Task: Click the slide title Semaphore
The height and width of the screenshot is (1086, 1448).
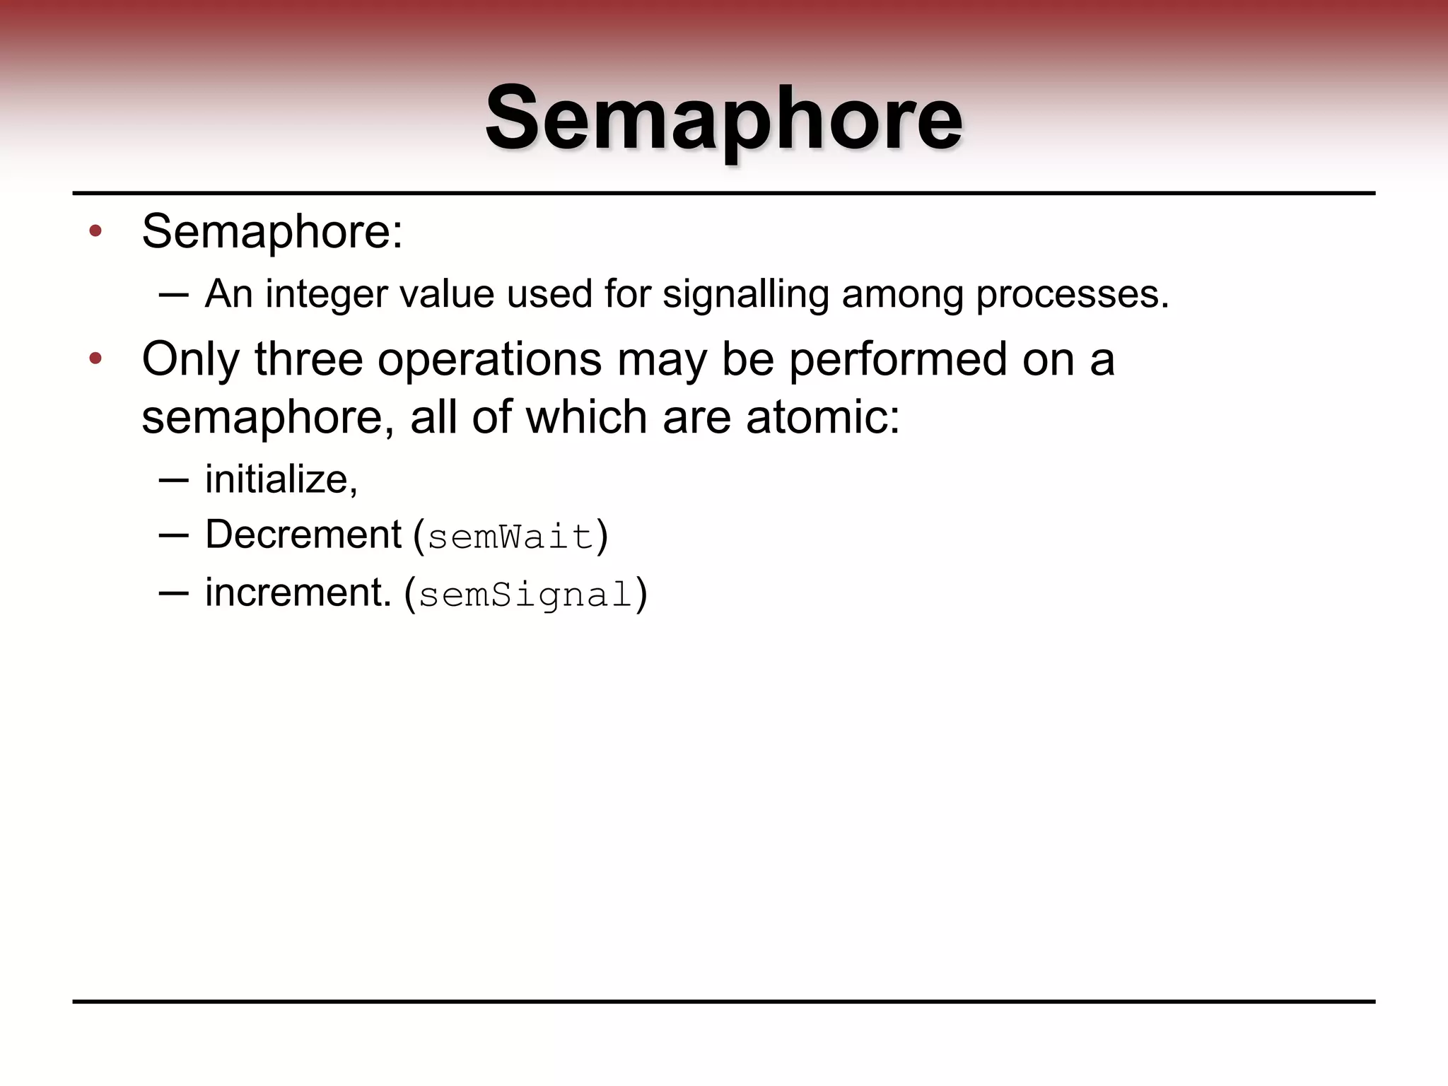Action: [723, 118]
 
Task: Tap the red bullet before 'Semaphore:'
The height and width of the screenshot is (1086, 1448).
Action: [95, 231]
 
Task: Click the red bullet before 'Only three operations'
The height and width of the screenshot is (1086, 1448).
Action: [95, 359]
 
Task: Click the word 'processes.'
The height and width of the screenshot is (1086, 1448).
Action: [1073, 294]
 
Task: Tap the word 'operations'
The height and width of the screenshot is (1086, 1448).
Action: [489, 359]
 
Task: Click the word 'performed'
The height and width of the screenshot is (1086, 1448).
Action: [897, 359]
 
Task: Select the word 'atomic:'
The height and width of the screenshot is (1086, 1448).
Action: [824, 417]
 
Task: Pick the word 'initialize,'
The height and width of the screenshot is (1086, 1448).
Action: [281, 480]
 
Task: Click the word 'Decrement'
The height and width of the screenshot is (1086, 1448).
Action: [303, 535]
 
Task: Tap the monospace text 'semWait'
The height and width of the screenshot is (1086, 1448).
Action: [510, 537]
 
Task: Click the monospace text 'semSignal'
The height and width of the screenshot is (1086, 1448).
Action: [525, 595]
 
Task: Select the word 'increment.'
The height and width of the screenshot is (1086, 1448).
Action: [298, 592]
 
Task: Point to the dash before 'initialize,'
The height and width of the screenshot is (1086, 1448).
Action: [174, 480]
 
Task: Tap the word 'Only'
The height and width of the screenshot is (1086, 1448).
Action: [191, 359]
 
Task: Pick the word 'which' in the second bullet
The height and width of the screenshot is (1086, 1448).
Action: [586, 417]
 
